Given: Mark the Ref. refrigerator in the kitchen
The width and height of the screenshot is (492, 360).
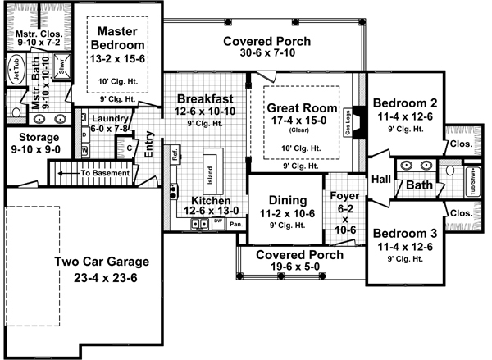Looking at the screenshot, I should (175, 154).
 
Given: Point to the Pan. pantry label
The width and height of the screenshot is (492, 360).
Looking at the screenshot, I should (235, 222).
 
